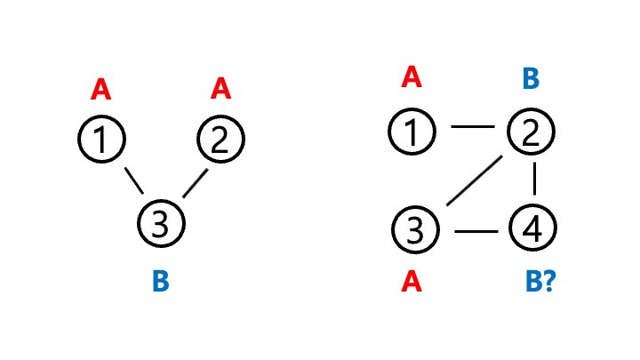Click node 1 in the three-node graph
pos(103,140)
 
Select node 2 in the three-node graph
pos(220,140)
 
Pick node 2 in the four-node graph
pos(531,132)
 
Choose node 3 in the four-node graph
pos(415,230)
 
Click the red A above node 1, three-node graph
pos(101,90)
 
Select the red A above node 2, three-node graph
pos(220,89)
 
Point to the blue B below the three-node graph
pos(160,283)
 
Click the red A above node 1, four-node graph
pos(411,78)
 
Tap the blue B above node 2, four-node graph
pos(530,79)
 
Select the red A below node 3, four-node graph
pos(411,283)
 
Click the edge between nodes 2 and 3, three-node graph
pos(194,184)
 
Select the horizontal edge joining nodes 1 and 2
pos(472,128)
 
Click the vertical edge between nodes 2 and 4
pos(534,180)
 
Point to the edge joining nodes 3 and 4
pos(475,232)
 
